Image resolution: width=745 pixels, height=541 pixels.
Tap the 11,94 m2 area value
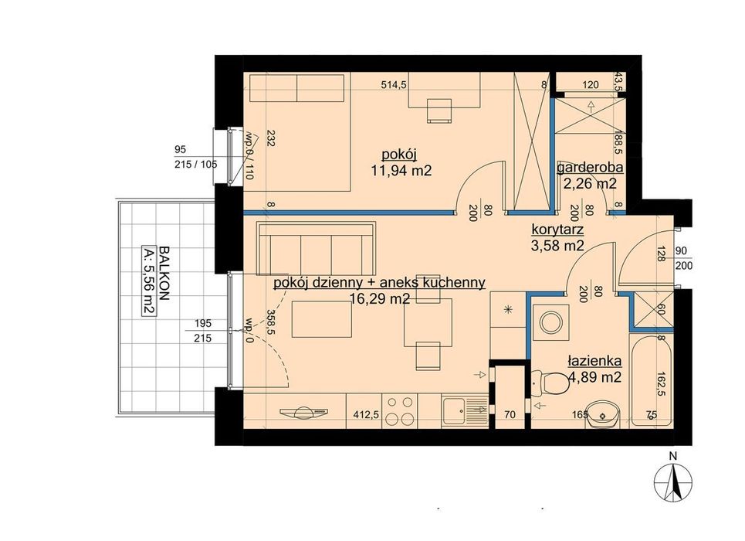(x=401, y=170)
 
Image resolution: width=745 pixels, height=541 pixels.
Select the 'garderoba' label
(x=590, y=168)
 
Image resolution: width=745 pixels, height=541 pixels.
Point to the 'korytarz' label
(x=557, y=230)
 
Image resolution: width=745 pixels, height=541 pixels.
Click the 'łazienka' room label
(x=594, y=362)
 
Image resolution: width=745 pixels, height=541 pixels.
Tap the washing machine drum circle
(x=551, y=322)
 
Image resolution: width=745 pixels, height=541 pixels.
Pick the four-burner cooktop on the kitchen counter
(x=400, y=410)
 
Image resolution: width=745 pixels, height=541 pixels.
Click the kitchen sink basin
(x=454, y=410)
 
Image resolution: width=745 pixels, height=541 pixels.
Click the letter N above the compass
(x=672, y=456)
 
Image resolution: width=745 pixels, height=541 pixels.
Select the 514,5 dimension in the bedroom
(x=395, y=85)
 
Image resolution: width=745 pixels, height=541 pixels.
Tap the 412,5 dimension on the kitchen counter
(x=365, y=414)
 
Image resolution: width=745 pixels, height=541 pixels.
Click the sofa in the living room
(x=316, y=248)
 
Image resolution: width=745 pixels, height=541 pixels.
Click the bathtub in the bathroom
(x=651, y=381)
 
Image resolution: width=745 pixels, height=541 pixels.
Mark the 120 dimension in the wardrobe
(x=591, y=85)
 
